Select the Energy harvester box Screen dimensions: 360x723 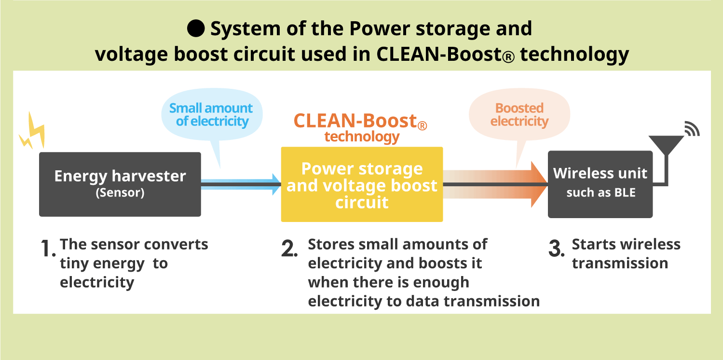(x=120, y=184)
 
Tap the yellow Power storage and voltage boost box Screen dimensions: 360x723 (x=362, y=184)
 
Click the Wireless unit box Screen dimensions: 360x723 (x=600, y=184)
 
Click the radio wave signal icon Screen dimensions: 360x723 (x=692, y=129)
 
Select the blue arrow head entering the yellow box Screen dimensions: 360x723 (x=275, y=184)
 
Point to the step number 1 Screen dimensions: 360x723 (x=47, y=248)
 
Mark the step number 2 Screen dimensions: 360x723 (x=288, y=248)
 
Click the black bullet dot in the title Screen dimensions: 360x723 (x=196, y=29)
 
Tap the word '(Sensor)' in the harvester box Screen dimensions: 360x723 (x=120, y=194)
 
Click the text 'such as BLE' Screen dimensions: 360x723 (x=600, y=193)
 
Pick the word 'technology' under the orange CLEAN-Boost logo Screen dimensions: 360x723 (x=362, y=137)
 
